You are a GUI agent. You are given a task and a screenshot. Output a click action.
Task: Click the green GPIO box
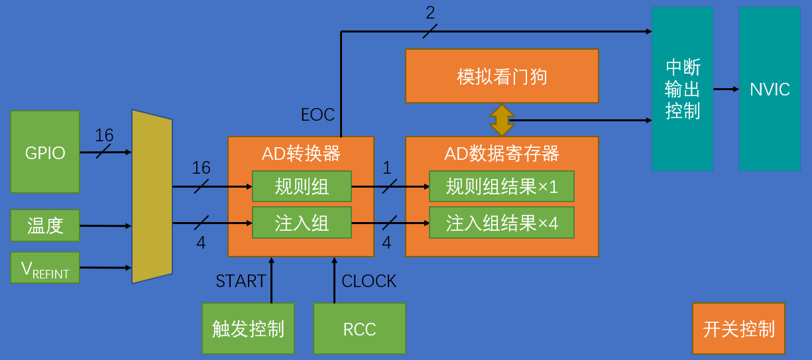(x=45, y=152)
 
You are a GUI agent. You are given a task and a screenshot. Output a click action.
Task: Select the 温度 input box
(x=45, y=225)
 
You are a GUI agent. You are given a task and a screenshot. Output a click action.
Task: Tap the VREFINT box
(x=45, y=268)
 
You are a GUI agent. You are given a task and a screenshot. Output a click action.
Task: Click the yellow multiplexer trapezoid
(x=152, y=196)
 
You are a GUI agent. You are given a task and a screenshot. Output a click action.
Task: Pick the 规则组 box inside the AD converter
(x=302, y=186)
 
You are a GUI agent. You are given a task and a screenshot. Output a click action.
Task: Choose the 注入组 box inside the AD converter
(x=302, y=223)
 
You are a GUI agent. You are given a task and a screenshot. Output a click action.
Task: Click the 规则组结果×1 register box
(x=501, y=186)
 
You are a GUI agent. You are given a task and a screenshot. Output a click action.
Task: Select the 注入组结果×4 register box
(x=501, y=223)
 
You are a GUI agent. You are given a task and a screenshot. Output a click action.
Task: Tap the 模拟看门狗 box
(x=502, y=76)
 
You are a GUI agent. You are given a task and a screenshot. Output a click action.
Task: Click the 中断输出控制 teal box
(x=682, y=89)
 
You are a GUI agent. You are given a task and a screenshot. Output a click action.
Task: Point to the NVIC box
(x=770, y=89)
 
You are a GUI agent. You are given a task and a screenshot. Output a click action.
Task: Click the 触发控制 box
(x=248, y=329)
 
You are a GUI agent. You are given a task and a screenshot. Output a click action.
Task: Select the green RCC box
(x=359, y=329)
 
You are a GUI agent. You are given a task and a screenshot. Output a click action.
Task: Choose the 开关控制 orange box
(x=738, y=329)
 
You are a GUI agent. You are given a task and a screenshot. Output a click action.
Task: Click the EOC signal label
(x=318, y=115)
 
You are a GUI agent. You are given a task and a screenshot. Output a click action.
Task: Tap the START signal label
(x=241, y=281)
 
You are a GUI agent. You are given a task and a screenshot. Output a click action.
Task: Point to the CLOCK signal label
(x=369, y=281)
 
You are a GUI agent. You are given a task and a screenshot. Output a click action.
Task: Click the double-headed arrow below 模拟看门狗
(x=502, y=120)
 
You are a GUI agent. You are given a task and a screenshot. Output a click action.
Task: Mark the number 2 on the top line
(x=430, y=12)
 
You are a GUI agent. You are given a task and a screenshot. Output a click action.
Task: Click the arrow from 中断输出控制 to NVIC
(x=726, y=89)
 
